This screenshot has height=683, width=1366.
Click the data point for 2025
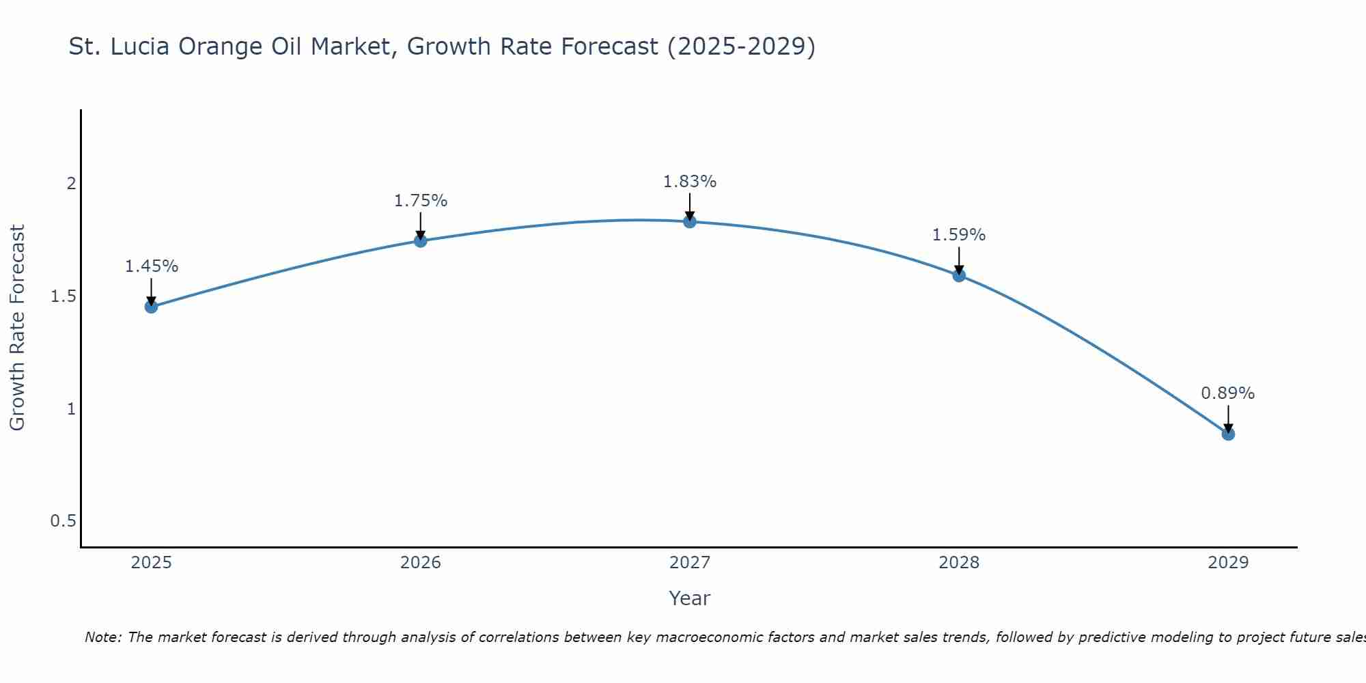coord(151,307)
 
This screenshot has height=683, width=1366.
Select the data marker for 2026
coord(421,240)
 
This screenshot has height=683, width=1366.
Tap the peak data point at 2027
coord(690,221)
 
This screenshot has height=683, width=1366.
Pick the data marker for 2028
coord(959,275)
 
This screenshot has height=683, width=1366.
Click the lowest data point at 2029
coord(1228,434)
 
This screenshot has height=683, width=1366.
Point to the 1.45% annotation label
coord(151,266)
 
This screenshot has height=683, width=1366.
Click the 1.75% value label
coord(421,201)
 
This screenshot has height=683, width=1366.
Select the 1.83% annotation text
coord(690,182)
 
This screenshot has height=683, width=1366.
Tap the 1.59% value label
coord(959,235)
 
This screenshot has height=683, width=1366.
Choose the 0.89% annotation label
coord(1228,393)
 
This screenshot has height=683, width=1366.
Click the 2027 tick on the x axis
coord(690,563)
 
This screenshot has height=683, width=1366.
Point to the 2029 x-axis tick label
coord(1228,563)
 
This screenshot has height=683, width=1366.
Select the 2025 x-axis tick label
coord(151,563)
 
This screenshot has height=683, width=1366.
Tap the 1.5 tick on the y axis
coord(63,296)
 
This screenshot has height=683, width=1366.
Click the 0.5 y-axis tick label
coord(63,521)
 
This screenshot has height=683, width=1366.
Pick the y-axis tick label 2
coord(70,184)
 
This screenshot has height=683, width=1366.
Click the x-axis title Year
coord(690,598)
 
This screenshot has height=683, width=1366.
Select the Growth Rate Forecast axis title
coord(17,328)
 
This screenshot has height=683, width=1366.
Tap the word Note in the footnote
coord(102,637)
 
